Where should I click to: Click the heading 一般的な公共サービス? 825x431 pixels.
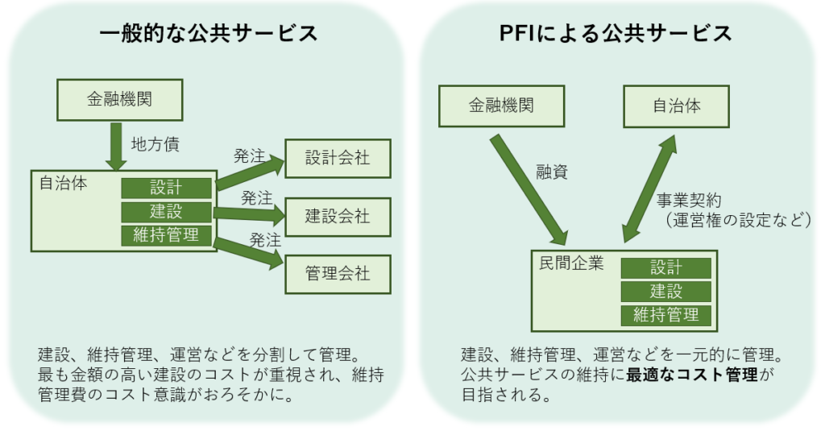208,33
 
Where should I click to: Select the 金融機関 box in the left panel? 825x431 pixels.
119,100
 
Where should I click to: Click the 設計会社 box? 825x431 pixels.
338,158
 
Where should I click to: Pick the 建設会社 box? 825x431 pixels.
338,216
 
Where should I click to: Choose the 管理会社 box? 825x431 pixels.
338,273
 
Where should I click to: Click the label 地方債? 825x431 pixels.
155,145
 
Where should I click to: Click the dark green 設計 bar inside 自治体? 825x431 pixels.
166,188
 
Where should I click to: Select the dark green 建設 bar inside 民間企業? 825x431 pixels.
665,291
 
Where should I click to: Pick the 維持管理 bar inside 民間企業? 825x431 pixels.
665,314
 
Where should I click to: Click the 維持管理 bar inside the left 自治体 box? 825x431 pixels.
166,235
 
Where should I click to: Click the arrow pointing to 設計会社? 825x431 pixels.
251,172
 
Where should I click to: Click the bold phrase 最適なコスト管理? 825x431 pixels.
693,375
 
